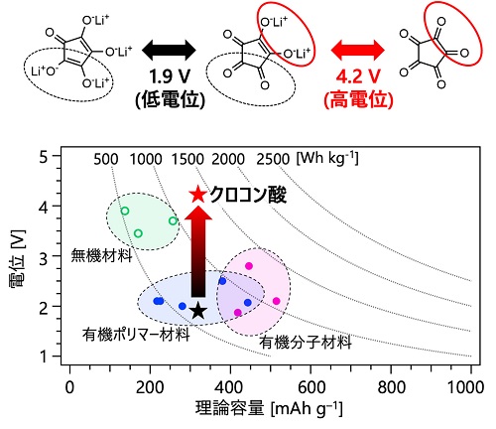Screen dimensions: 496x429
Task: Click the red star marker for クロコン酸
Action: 198,194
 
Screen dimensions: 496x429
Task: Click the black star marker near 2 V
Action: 197,310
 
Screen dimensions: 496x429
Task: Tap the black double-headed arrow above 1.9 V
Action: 169,51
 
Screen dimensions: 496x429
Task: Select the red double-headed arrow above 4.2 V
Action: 358,51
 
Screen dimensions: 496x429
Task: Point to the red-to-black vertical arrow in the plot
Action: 198,251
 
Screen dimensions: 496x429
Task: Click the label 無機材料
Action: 102,255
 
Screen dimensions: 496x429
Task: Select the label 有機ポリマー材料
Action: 136,335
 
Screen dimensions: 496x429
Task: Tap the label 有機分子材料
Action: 306,342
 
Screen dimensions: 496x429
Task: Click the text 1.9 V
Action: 170,77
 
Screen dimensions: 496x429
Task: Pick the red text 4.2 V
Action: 358,77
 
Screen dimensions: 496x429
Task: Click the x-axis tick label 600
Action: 310,387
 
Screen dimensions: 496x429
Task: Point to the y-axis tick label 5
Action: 44,157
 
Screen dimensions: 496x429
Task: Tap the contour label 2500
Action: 273,160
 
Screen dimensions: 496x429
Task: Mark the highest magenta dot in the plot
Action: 249,266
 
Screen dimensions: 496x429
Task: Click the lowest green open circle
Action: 138,233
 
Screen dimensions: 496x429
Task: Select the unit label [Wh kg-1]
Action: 327,159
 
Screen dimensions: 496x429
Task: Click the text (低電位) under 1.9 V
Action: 170,99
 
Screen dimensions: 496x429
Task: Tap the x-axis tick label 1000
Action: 465,387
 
